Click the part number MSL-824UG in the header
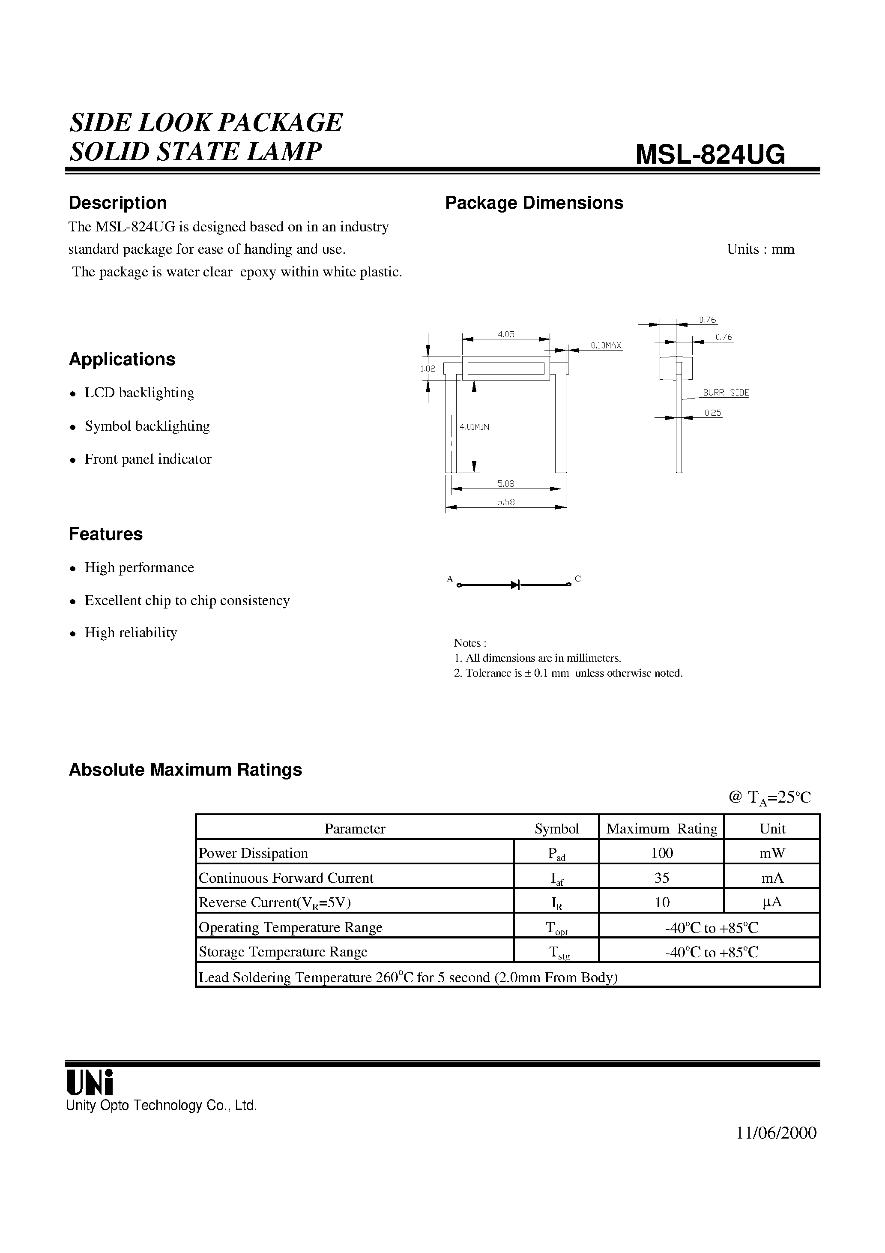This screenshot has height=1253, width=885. (710, 154)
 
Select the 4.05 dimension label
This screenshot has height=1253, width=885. (506, 334)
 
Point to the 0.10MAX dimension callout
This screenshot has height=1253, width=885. (606, 345)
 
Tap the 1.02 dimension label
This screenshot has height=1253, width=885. (428, 369)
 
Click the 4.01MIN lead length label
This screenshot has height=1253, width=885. (474, 427)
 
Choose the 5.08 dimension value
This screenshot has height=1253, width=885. (506, 483)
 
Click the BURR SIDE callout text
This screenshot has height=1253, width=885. (726, 393)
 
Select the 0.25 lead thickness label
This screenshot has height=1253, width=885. (712, 413)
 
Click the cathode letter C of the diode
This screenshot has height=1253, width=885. (578, 579)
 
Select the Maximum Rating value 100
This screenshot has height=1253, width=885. (661, 853)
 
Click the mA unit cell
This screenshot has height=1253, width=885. (771, 878)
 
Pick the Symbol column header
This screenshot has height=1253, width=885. (556, 828)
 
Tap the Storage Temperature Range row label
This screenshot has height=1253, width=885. (283, 951)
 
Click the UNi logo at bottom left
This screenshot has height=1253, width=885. (90, 1082)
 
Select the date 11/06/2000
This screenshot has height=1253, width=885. (776, 1133)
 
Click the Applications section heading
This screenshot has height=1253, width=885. (122, 359)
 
